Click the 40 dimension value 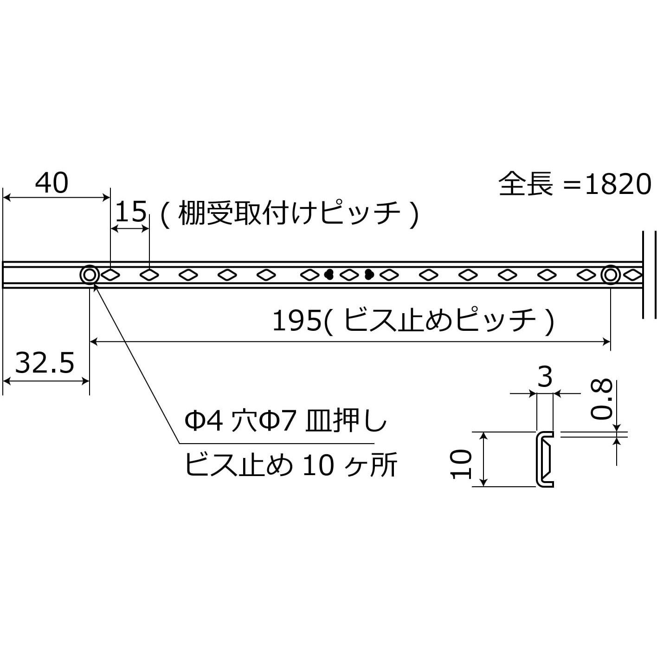[52, 183]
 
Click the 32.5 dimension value [45, 363]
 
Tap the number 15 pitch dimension [131, 212]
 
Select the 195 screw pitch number [297, 321]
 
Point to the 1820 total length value [618, 185]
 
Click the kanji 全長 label [525, 184]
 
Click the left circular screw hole [90, 275]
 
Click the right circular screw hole [610, 275]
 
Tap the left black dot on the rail [329, 274]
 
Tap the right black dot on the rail [369, 274]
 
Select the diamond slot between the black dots [349, 275]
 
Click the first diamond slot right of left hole [110, 275]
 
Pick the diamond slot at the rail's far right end [633, 275]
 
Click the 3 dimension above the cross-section [545, 377]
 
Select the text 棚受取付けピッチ [289, 214]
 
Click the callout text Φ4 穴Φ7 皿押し [286, 422]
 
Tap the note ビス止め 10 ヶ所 [291, 465]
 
